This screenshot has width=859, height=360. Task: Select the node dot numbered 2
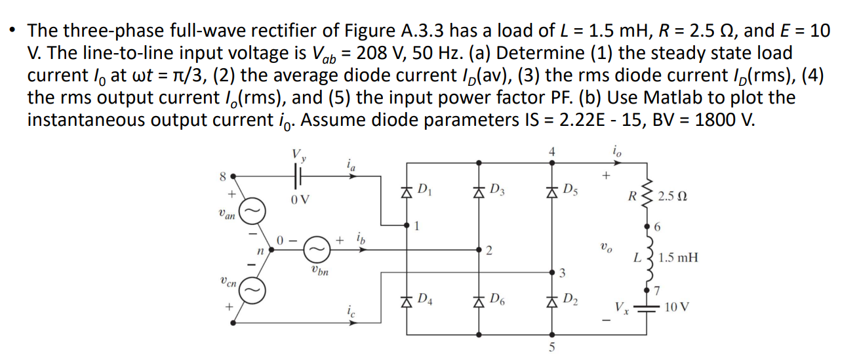[x=480, y=249]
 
